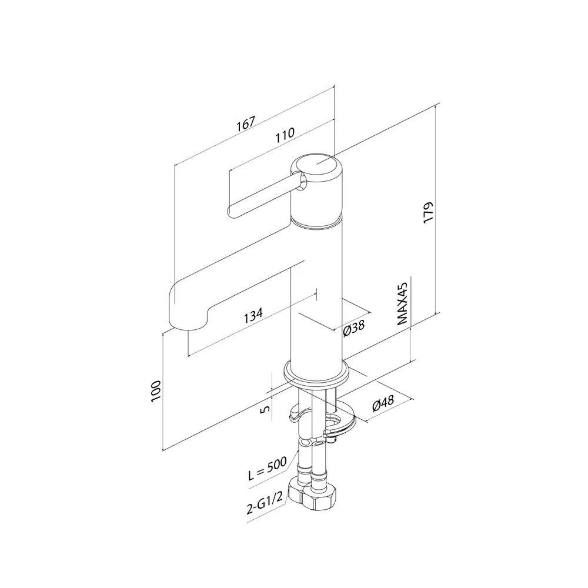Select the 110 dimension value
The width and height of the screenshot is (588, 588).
pyautogui.click(x=285, y=133)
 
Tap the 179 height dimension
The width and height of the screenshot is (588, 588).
pyautogui.click(x=428, y=212)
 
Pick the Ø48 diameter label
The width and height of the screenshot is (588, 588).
pyautogui.click(x=383, y=405)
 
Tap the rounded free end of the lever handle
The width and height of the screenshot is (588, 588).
pyautogui.click(x=232, y=210)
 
